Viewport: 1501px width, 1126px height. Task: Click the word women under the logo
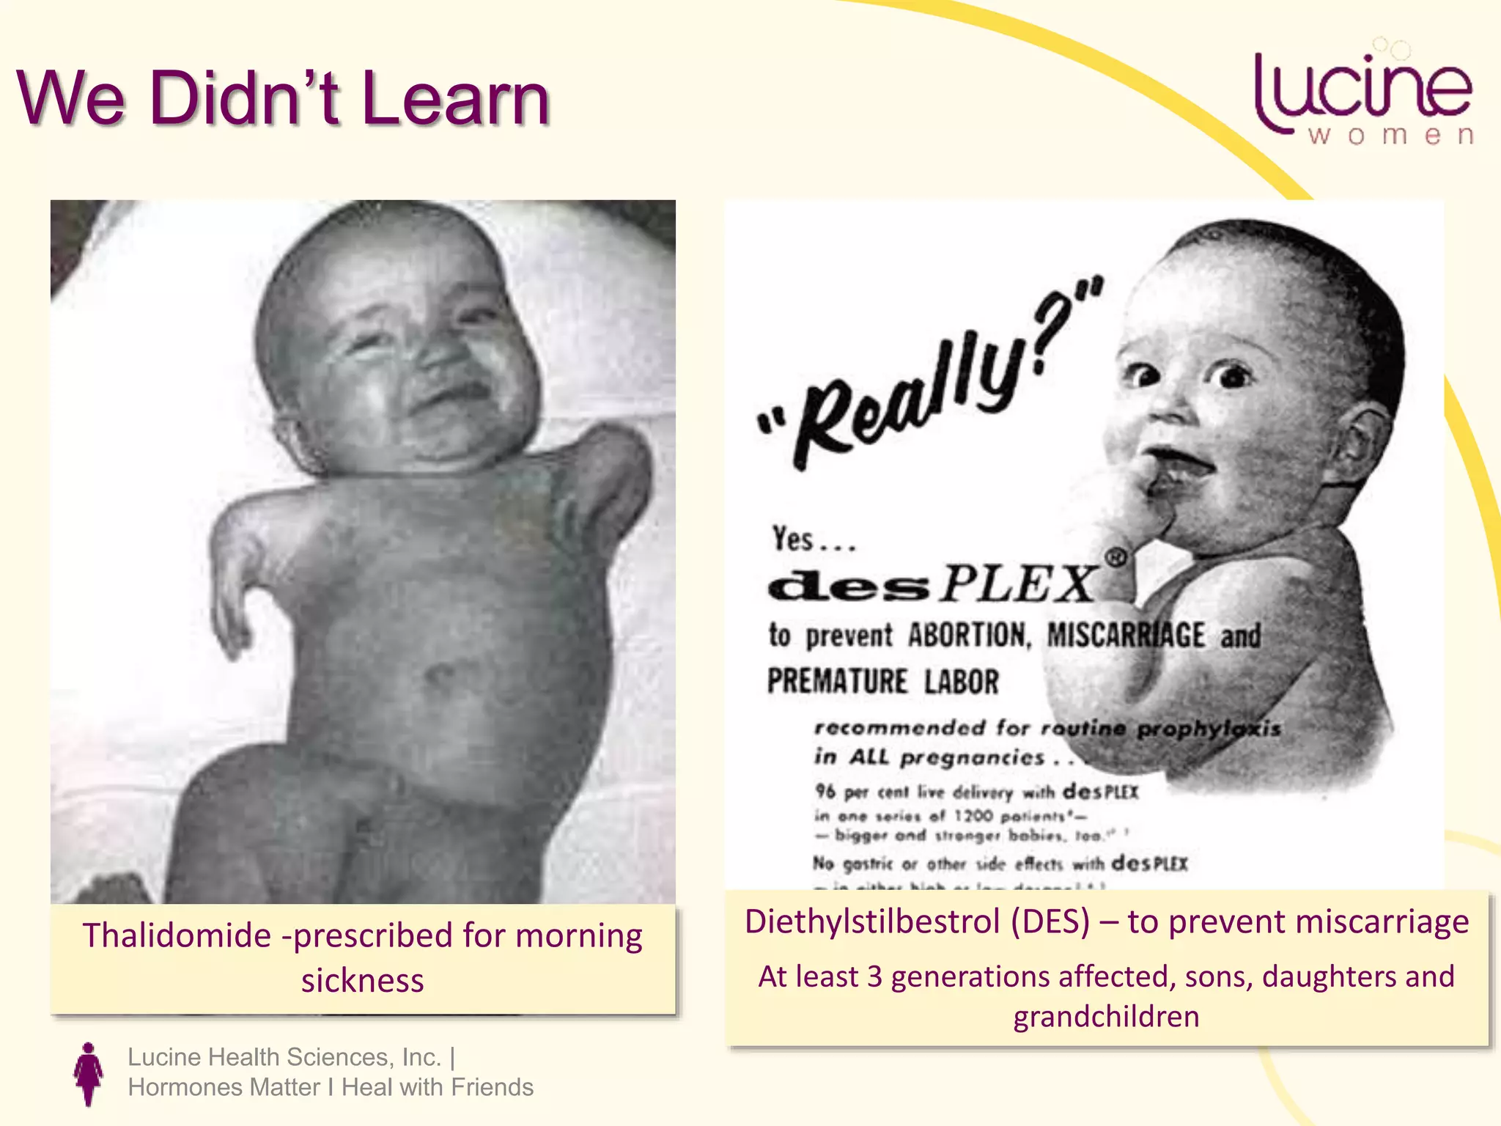(1391, 136)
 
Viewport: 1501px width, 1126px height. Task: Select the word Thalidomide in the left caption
(177, 936)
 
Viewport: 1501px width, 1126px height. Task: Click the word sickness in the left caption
(363, 981)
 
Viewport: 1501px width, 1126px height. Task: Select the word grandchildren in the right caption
(1106, 1018)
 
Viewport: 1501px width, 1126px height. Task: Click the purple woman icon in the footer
(89, 1073)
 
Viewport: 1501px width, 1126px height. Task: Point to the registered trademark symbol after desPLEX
(1115, 559)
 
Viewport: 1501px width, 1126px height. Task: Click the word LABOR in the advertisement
(961, 682)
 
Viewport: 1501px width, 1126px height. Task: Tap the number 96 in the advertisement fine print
(825, 792)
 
